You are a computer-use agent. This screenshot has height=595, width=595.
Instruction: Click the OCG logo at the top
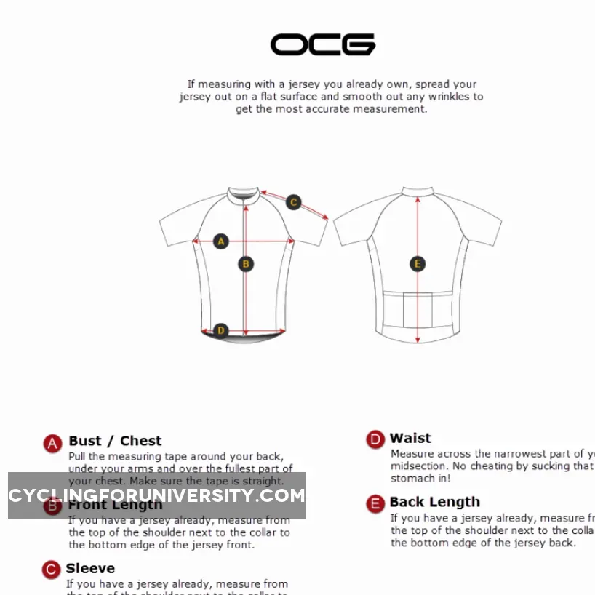coord(323,44)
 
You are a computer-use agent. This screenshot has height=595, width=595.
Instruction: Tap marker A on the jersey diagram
coord(221,241)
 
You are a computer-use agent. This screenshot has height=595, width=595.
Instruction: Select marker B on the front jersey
coord(246,264)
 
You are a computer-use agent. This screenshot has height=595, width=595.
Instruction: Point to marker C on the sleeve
coord(293,202)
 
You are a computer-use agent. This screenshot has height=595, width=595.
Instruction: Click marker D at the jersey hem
coord(221,331)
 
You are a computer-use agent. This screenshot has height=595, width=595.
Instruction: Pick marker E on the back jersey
coord(418,264)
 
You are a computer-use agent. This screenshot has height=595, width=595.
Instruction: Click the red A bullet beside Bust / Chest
coord(52,444)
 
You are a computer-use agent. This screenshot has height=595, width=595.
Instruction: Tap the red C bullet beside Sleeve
coord(51,570)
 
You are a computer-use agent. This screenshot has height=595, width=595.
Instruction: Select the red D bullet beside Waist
coord(375,439)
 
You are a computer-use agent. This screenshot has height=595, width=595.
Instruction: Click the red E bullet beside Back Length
coord(375,504)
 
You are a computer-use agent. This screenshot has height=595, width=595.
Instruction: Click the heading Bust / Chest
coord(115,441)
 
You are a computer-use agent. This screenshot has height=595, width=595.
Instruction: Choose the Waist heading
coord(410,438)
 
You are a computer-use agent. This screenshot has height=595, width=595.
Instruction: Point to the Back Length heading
coord(434,502)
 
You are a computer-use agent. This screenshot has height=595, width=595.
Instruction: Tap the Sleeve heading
coord(90,568)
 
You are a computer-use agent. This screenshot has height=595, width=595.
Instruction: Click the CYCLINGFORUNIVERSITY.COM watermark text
coord(156,496)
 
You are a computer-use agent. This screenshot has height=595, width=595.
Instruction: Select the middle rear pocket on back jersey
coord(418,309)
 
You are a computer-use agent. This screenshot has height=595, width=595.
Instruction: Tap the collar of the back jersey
coord(418,191)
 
